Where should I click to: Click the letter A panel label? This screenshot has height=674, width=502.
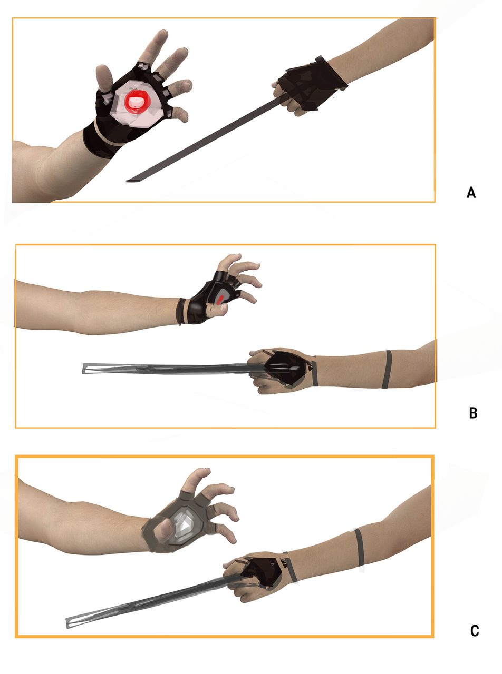[471, 193]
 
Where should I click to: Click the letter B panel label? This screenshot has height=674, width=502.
[473, 413]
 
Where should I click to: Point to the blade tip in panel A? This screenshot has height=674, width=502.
[127, 181]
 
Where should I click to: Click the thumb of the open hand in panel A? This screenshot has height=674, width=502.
[104, 78]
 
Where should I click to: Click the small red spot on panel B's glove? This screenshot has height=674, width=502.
[220, 299]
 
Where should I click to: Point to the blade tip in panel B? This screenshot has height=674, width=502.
[83, 368]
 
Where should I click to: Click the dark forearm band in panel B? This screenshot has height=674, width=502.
[387, 369]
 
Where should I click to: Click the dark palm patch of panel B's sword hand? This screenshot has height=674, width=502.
[285, 368]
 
